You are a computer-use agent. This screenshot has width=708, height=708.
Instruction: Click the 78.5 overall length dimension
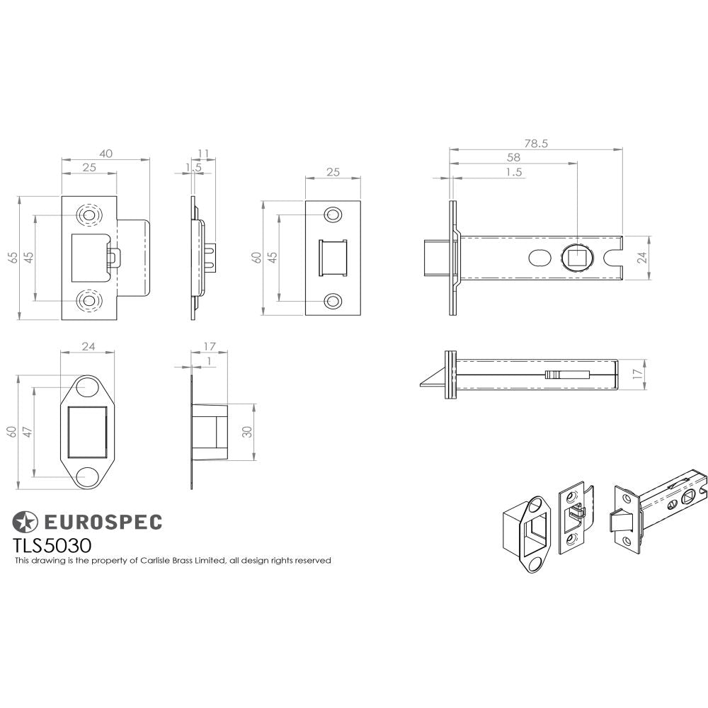click(x=537, y=143)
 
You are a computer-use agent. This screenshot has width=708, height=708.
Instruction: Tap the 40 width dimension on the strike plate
click(x=105, y=154)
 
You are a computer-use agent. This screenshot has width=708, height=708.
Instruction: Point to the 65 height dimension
click(x=13, y=257)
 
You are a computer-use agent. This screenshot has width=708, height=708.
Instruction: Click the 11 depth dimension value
click(x=204, y=154)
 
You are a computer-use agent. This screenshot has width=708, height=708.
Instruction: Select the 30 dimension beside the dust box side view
click(x=247, y=432)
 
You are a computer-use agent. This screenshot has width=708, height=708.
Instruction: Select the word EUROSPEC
click(x=103, y=522)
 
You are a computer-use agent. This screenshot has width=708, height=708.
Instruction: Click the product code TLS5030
click(x=51, y=545)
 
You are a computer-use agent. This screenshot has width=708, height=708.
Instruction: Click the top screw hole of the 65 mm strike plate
click(x=89, y=214)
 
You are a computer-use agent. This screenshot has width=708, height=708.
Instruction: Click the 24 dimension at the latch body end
click(x=642, y=258)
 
